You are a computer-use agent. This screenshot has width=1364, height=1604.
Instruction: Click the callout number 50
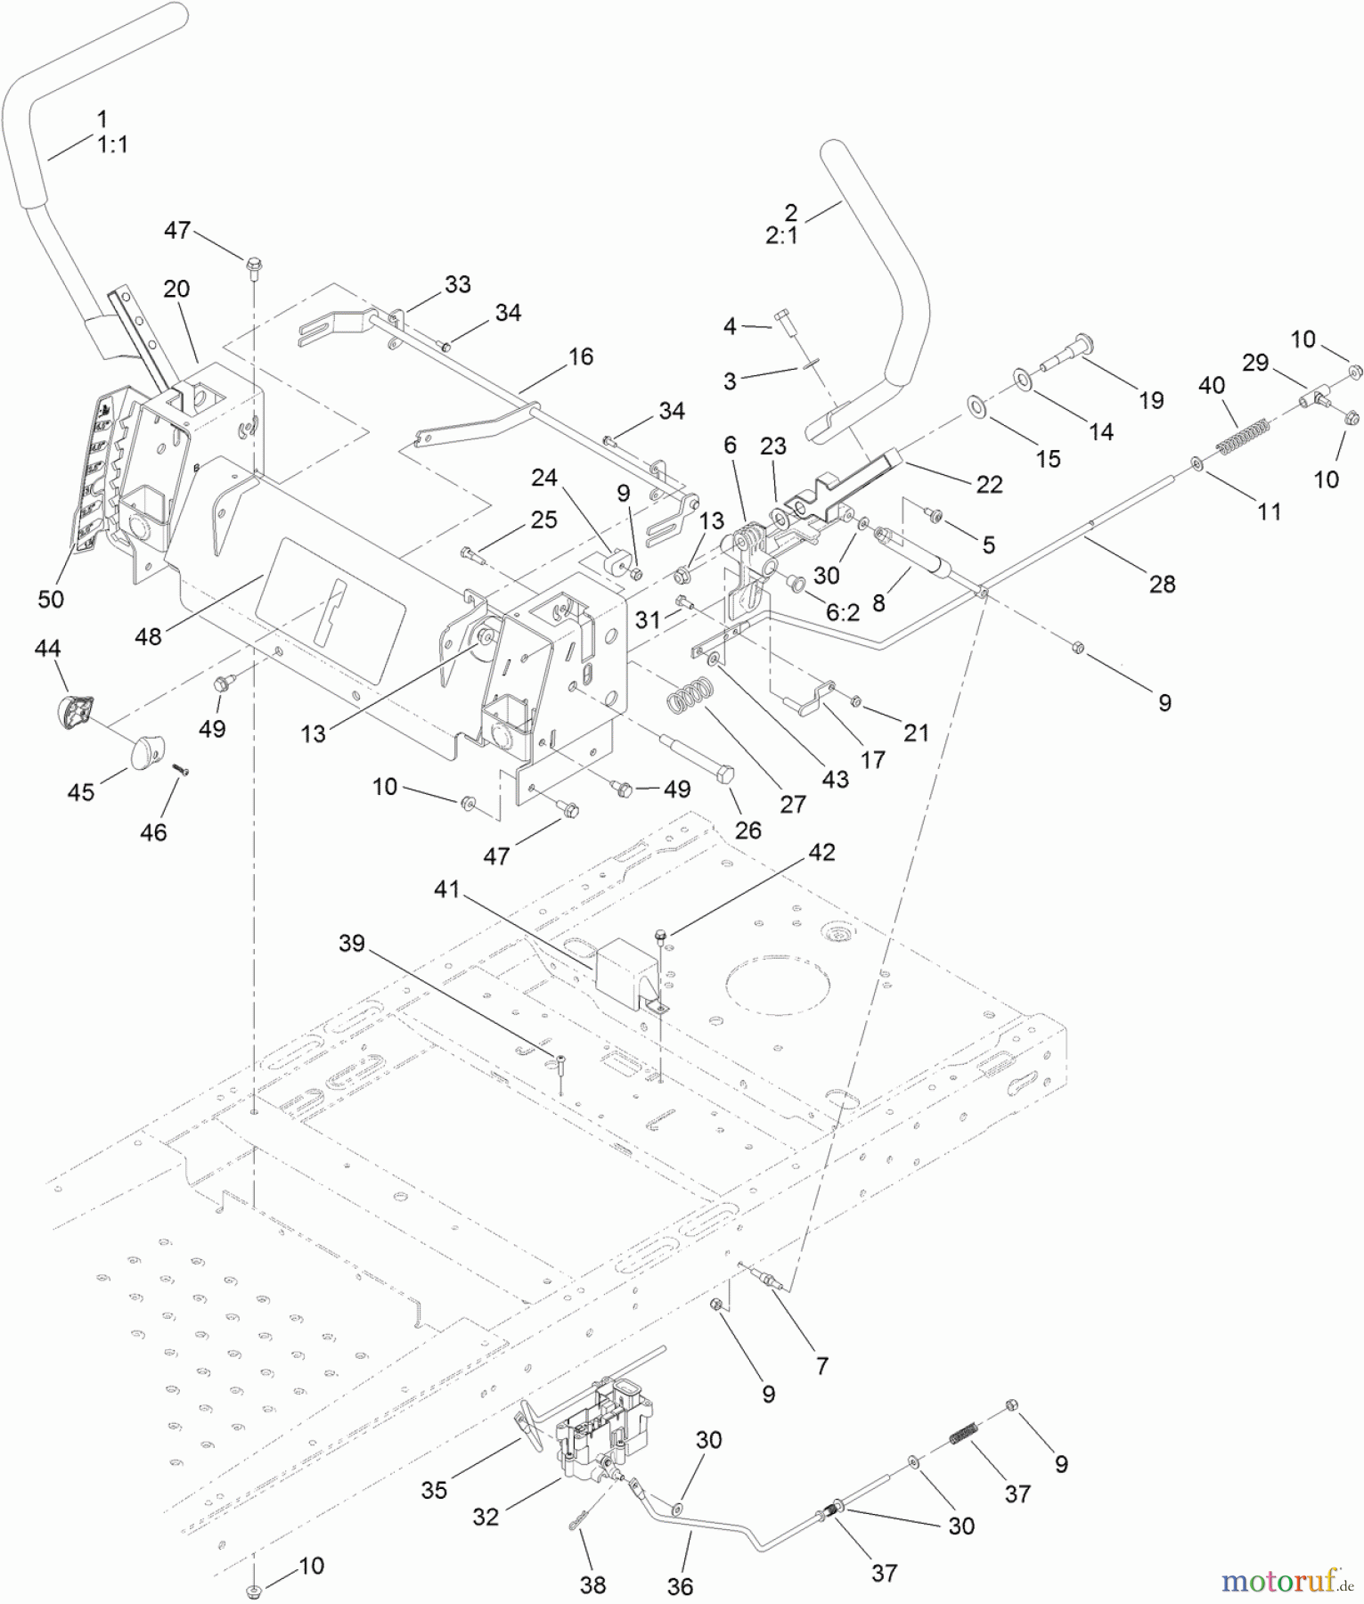[x=51, y=599]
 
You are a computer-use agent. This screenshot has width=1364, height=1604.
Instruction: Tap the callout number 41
[x=447, y=888]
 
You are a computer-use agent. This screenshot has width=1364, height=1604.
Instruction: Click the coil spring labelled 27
[x=691, y=692]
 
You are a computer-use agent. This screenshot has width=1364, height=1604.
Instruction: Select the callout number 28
[x=1162, y=584]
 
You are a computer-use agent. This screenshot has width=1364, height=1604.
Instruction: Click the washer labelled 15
[x=977, y=408]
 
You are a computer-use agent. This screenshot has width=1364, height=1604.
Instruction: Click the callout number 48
[x=149, y=636]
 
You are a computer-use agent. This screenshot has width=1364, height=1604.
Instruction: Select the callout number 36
[x=680, y=1586]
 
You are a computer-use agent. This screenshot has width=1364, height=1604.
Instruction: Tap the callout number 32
[x=486, y=1516]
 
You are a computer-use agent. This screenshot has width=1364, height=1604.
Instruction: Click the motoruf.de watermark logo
[x=1288, y=1582]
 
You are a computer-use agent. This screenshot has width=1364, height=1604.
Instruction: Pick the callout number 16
[x=581, y=356]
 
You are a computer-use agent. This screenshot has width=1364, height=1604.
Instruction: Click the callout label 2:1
[x=781, y=236]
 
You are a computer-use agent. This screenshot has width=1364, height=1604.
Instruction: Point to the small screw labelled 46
[x=182, y=769]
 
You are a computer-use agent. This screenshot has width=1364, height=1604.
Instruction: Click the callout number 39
[x=352, y=943]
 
